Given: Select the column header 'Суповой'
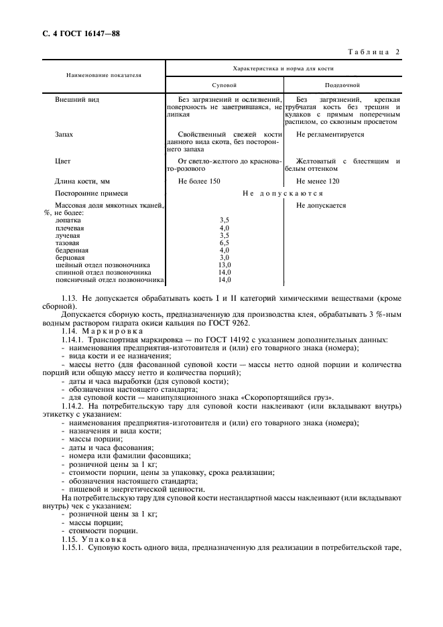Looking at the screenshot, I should [x=225, y=86].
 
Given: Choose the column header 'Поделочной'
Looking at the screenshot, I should [x=342, y=86].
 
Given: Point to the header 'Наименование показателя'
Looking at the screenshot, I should [x=103, y=75].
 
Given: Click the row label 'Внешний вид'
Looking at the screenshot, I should [x=76, y=99].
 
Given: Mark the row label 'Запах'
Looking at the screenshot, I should [x=64, y=134].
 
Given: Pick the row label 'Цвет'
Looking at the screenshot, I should [x=62, y=161].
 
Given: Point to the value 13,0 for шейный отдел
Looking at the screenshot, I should [x=225, y=265].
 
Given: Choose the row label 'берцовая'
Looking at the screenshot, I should [x=70, y=257].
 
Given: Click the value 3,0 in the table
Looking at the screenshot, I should [x=225, y=257].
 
